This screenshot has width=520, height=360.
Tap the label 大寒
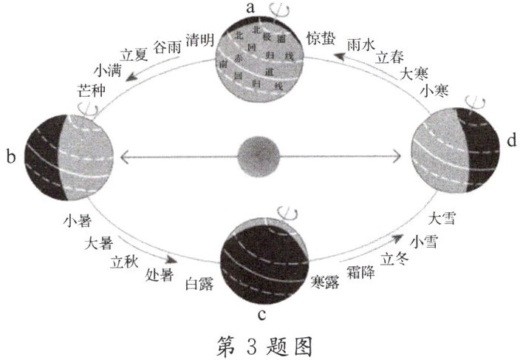[x=414, y=74]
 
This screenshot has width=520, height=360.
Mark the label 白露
[x=199, y=285]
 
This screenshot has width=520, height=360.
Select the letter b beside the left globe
[x=10, y=157]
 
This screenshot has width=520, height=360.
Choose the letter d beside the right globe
[x=510, y=140]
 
